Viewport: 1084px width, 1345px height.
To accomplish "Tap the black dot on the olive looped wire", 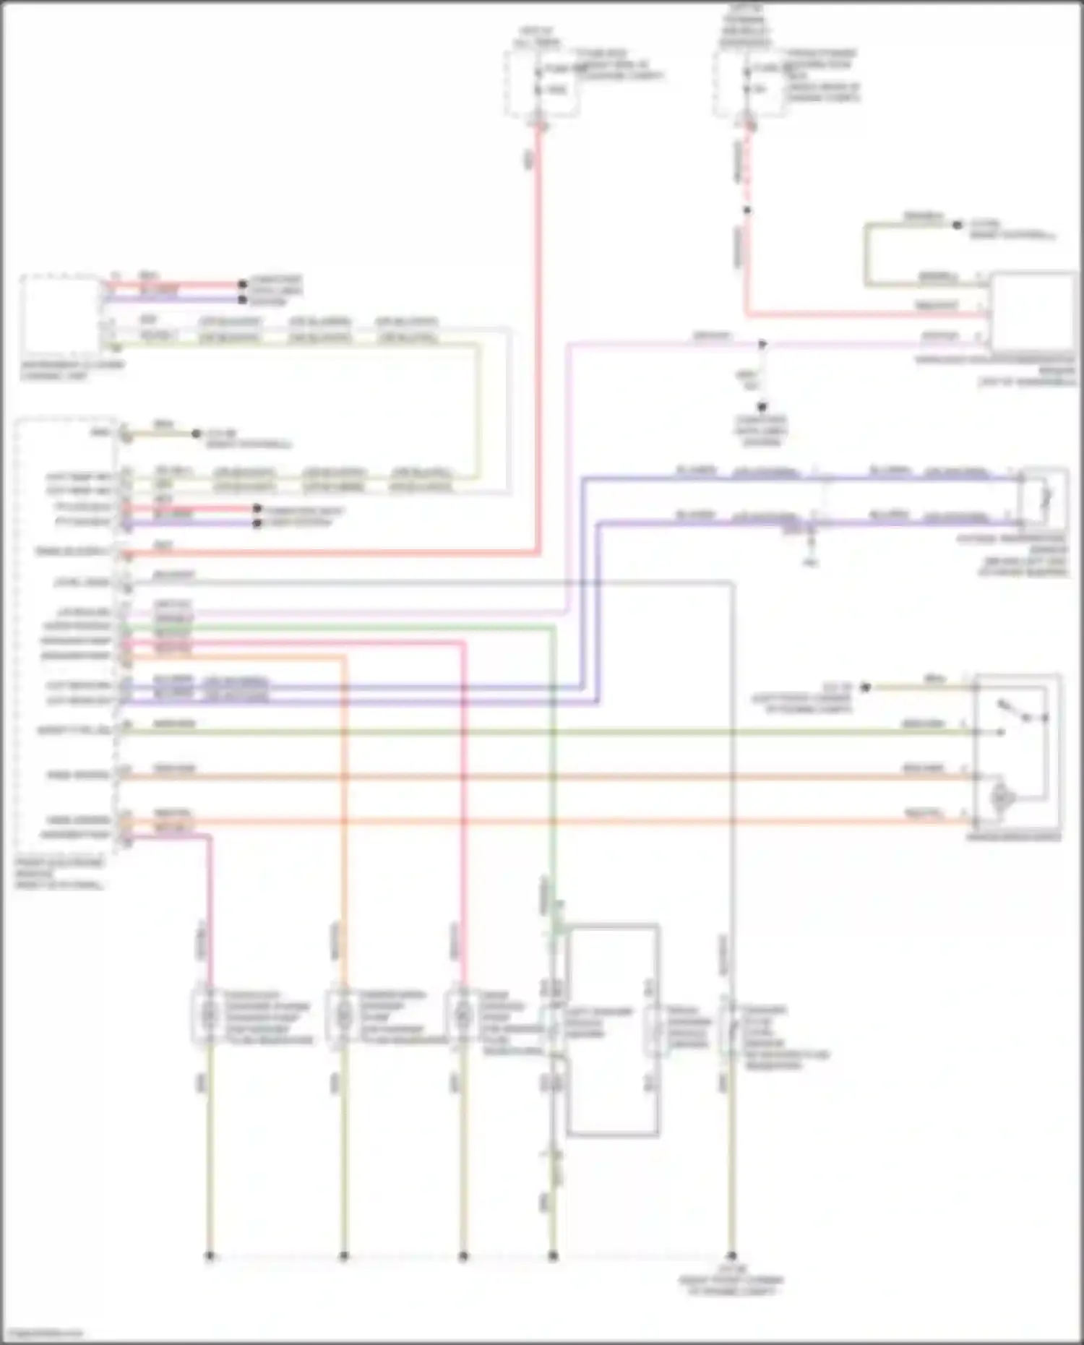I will [957, 225].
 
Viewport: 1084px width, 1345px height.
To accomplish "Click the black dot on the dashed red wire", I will [747, 210].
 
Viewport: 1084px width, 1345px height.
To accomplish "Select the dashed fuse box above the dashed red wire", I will [749, 82].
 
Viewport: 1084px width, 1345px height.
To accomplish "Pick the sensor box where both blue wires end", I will [1043, 497].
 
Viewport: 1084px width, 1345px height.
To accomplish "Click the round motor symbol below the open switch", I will [1003, 796].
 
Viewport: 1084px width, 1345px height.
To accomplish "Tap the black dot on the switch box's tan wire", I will [865, 687].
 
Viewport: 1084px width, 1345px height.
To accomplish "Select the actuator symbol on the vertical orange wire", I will [344, 1016].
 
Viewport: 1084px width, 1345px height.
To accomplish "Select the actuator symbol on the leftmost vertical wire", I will [210, 1016].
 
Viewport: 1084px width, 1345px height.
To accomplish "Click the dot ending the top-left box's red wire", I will [243, 285].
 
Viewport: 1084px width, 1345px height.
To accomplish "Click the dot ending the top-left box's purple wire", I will [243, 299].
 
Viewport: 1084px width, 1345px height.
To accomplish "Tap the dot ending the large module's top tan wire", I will [196, 434].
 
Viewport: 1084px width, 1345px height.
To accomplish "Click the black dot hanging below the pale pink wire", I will [762, 407].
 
